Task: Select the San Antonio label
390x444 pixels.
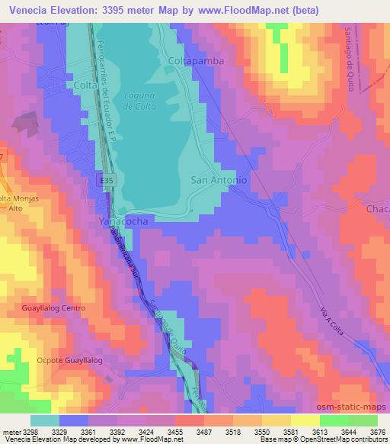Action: [219, 180]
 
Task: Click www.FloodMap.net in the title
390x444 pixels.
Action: [238, 10]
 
